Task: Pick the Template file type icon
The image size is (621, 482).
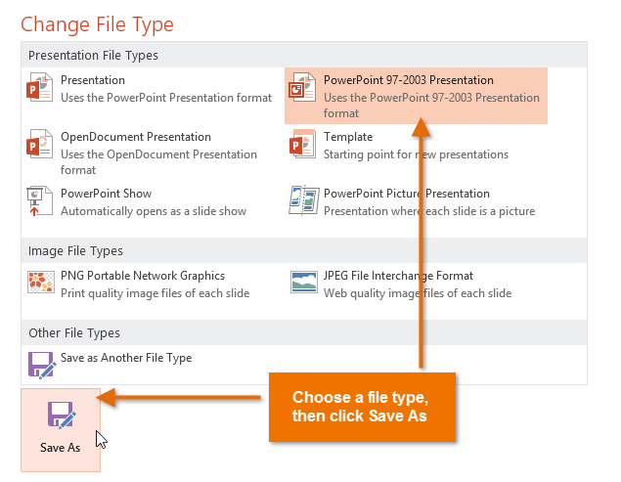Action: click(302, 146)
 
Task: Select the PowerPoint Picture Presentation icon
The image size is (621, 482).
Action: click(302, 201)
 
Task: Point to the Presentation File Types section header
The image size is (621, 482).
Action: click(93, 56)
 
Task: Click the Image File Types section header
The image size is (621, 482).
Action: click(75, 251)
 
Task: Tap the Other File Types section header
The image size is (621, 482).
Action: click(74, 333)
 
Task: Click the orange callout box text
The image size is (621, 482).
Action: click(360, 407)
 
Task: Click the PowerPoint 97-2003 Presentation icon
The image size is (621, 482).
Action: click(302, 89)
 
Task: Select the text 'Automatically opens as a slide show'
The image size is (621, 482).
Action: click(154, 211)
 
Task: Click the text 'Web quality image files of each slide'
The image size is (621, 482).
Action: click(418, 293)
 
